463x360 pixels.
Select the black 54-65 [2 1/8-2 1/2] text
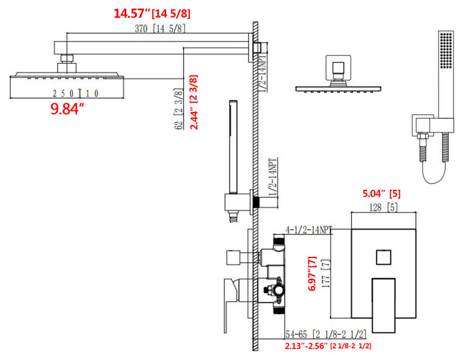pyautogui.click(x=326, y=335)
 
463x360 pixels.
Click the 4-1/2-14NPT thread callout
pyautogui.click(x=309, y=230)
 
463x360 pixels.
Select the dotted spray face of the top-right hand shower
pyautogui.click(x=447, y=49)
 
